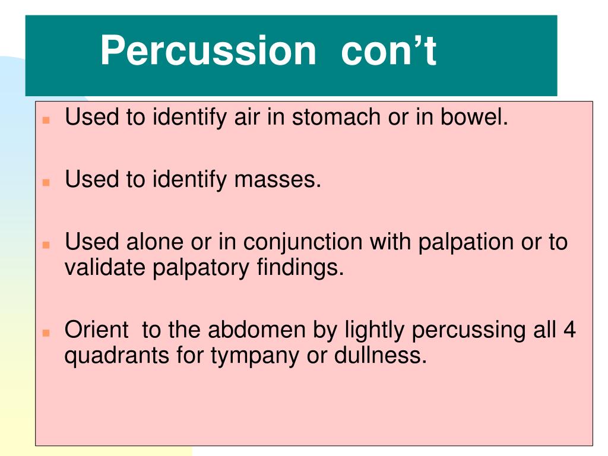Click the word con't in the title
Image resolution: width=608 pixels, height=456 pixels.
click(x=388, y=50)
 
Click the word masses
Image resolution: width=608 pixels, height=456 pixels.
click(x=277, y=179)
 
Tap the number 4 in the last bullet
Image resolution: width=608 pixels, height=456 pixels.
click(x=569, y=330)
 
